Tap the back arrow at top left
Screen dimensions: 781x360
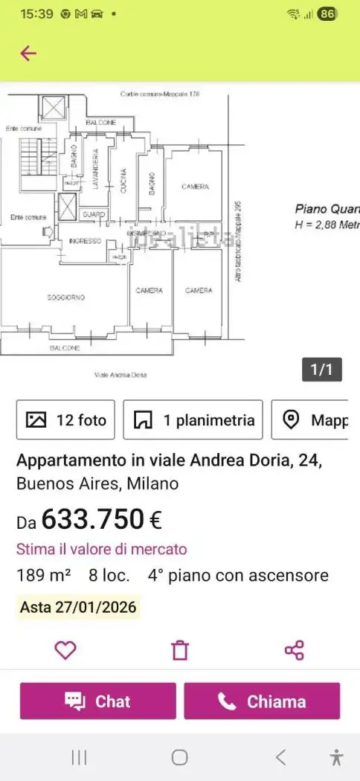[x=28, y=53]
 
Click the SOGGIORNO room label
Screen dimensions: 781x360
[x=66, y=298]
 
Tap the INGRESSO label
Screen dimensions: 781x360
[x=84, y=241]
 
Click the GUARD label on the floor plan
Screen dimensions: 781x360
[x=94, y=214]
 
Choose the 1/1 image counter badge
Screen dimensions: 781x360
[x=321, y=370]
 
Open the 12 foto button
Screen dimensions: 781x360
[x=67, y=420]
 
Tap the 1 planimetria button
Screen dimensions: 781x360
[x=193, y=420]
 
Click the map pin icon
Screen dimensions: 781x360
[x=292, y=420]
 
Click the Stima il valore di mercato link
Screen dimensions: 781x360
[x=102, y=550]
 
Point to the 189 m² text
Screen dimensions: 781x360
[x=44, y=576]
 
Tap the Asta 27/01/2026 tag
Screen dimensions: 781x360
[x=78, y=607]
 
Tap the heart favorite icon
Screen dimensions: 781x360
[x=65, y=650]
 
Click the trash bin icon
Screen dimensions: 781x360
[x=180, y=650]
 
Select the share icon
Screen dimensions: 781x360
[x=295, y=650]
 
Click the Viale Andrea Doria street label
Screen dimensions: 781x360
[x=121, y=375]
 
